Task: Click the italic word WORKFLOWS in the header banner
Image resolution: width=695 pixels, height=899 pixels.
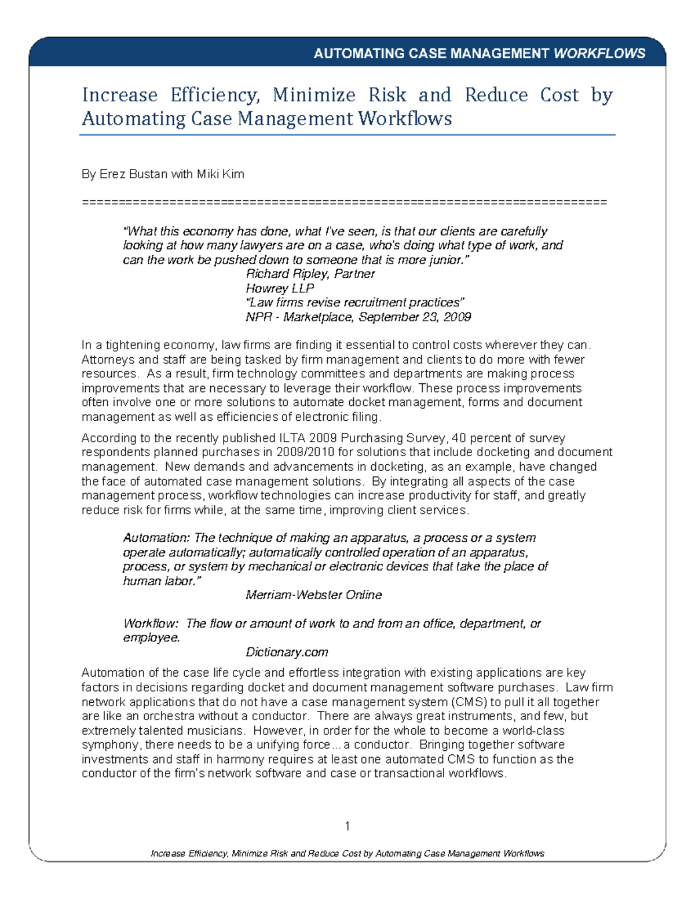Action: (599, 54)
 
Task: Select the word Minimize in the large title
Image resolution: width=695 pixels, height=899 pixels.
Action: (314, 95)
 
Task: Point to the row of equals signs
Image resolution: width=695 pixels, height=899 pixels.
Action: (344, 202)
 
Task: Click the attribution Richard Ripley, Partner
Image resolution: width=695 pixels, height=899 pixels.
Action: (310, 274)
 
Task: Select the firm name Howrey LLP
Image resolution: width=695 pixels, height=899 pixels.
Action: (280, 288)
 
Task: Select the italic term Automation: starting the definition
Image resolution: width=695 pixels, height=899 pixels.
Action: (156, 538)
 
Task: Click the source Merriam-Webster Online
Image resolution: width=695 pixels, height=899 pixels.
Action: (313, 595)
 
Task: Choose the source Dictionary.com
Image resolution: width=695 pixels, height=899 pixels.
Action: (287, 652)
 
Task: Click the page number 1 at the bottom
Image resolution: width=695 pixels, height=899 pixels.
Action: (347, 826)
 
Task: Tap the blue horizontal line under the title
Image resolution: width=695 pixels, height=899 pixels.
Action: (347, 135)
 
